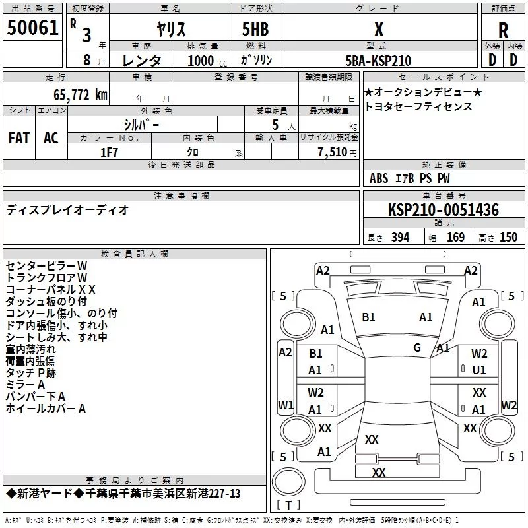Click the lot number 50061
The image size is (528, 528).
pyautogui.click(x=32, y=28)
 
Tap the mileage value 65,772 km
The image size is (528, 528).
pyautogui.click(x=81, y=94)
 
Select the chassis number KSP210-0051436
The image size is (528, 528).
pyautogui.click(x=444, y=209)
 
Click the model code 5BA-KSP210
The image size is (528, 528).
pyautogui.click(x=378, y=61)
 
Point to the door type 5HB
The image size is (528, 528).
pyautogui.click(x=255, y=29)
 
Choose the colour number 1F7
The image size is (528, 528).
pyautogui.click(x=109, y=152)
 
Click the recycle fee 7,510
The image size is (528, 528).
pyautogui.click(x=333, y=152)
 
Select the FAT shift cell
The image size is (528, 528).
pyautogui.click(x=19, y=138)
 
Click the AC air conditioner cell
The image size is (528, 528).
pyautogui.click(x=51, y=138)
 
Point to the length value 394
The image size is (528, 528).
pyautogui.click(x=401, y=237)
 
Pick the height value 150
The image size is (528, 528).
pyautogui.click(x=508, y=237)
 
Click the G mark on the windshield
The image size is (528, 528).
pyautogui.click(x=417, y=348)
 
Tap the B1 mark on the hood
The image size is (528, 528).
pyautogui.click(x=368, y=317)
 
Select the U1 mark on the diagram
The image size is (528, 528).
pyautogui.click(x=479, y=370)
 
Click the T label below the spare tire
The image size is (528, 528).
pyautogui.click(x=288, y=506)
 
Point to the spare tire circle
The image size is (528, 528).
pyautogui.click(x=288, y=482)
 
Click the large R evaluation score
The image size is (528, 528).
pyautogui.click(x=503, y=30)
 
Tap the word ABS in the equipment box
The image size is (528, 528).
pyautogui.click(x=379, y=178)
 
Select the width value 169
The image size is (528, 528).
pyautogui.click(x=455, y=237)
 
